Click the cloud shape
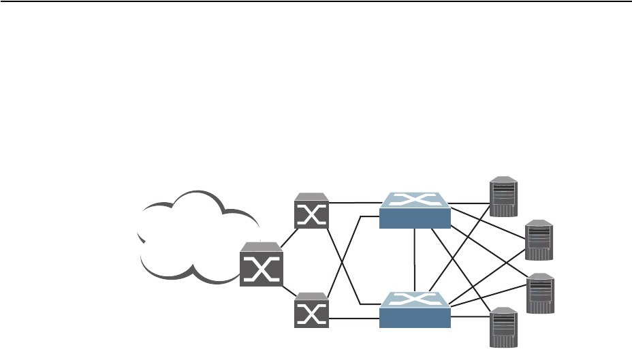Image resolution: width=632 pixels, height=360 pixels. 194,235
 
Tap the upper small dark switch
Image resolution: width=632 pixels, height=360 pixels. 311,212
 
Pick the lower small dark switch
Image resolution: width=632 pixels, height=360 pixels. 311,313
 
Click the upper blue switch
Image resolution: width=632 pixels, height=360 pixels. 415,211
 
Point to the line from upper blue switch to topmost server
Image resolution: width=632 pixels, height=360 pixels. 470,203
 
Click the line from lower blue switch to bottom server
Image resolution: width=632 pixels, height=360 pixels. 470,317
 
